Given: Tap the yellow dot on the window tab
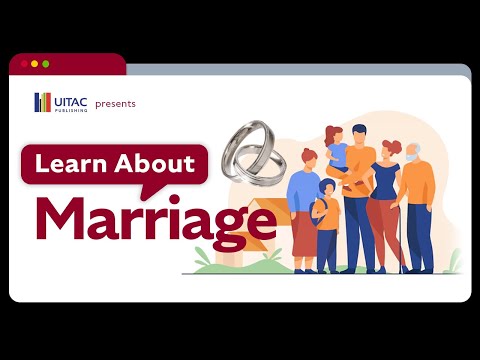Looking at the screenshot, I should [34, 64].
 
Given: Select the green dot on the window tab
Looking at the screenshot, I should [45, 64].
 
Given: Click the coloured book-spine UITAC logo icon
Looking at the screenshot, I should [42, 102].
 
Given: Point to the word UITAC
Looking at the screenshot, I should [70, 99].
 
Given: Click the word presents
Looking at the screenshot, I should [115, 103].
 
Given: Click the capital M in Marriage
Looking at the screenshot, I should [62, 220].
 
